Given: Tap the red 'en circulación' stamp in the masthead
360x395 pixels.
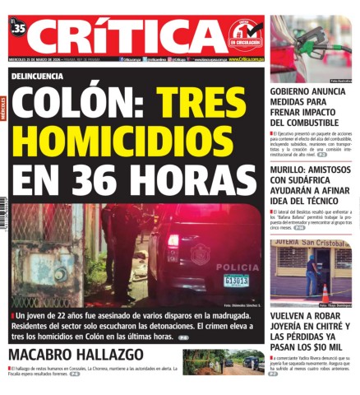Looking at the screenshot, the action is point(246,36).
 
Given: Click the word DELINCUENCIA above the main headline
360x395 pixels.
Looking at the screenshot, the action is point(38,75).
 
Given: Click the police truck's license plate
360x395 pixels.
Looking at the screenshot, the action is point(237,280).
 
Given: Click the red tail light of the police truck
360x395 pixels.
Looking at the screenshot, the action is point(173,240).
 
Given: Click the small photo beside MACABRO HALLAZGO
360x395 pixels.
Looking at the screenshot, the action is point(222,362).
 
